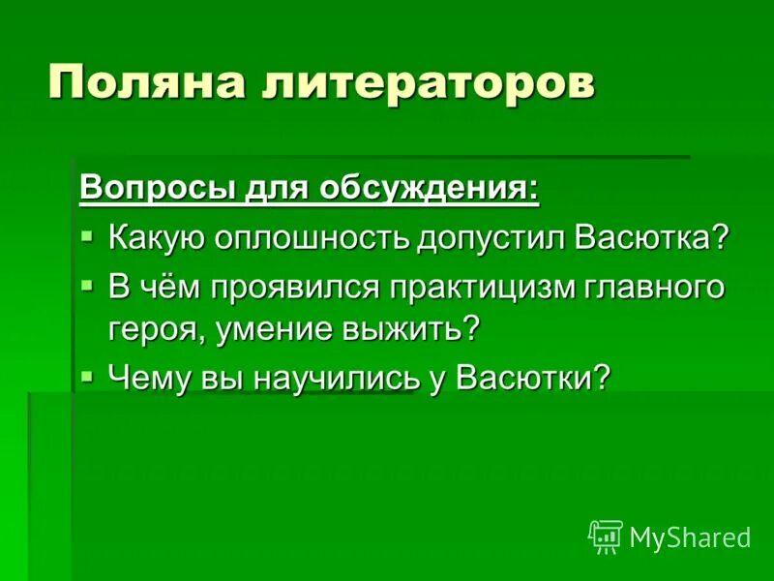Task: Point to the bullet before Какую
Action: click(x=88, y=236)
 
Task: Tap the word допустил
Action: click(x=492, y=238)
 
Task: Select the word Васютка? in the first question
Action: click(x=651, y=238)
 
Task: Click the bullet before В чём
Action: click(x=88, y=286)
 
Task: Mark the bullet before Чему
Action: click(x=88, y=374)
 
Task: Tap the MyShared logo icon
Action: click(x=606, y=536)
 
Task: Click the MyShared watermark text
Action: click(x=690, y=538)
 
